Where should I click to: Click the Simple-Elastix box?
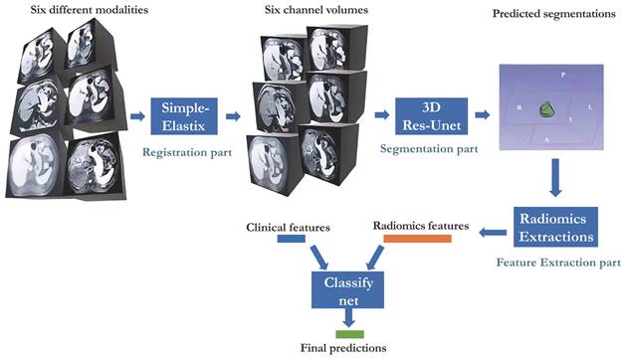[x=184, y=116]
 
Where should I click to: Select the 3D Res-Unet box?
[x=431, y=116]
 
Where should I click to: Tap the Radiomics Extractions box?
[x=555, y=227]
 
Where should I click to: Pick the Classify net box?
[x=347, y=289]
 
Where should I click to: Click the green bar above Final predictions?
[x=349, y=334]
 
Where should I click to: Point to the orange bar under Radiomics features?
[x=417, y=239]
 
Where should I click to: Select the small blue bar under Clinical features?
[x=292, y=239]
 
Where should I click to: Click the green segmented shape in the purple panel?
[x=546, y=109]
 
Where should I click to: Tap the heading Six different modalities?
[x=90, y=10]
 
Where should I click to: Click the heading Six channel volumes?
[x=316, y=10]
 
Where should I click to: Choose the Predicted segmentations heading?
[x=554, y=14]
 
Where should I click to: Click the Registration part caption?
[x=187, y=152]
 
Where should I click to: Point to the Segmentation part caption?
[x=429, y=149]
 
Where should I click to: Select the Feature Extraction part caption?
[x=558, y=263]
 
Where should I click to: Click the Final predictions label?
[x=343, y=348]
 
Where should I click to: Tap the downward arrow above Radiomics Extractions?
[x=555, y=178]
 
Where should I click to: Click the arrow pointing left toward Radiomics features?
[x=493, y=233]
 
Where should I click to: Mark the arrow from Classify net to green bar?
[x=348, y=318]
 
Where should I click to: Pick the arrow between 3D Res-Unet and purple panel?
[x=483, y=115]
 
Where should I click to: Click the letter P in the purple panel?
[x=562, y=75]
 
